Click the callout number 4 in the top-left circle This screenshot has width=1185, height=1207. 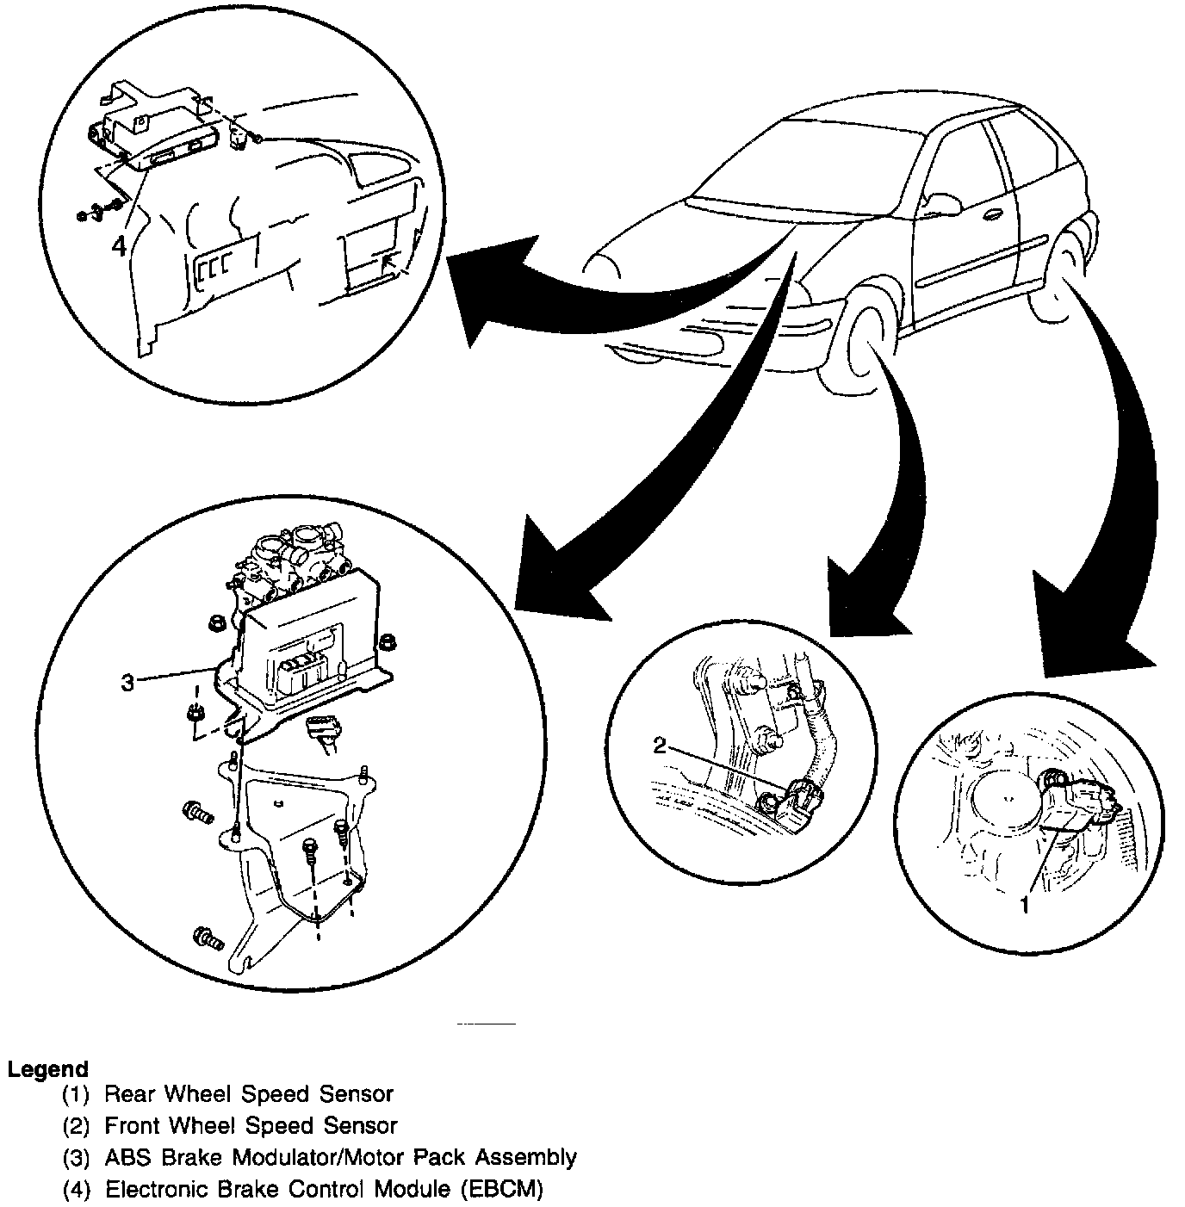119,244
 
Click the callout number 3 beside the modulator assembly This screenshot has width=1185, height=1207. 127,683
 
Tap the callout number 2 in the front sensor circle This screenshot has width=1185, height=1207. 660,746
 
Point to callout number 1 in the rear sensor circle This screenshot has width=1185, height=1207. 1024,905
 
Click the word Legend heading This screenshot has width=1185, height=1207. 47,1069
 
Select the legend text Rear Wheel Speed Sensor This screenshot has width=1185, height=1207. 248,1094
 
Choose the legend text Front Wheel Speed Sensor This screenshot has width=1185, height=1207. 251,1125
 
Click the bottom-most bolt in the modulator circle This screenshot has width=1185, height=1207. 208,936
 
